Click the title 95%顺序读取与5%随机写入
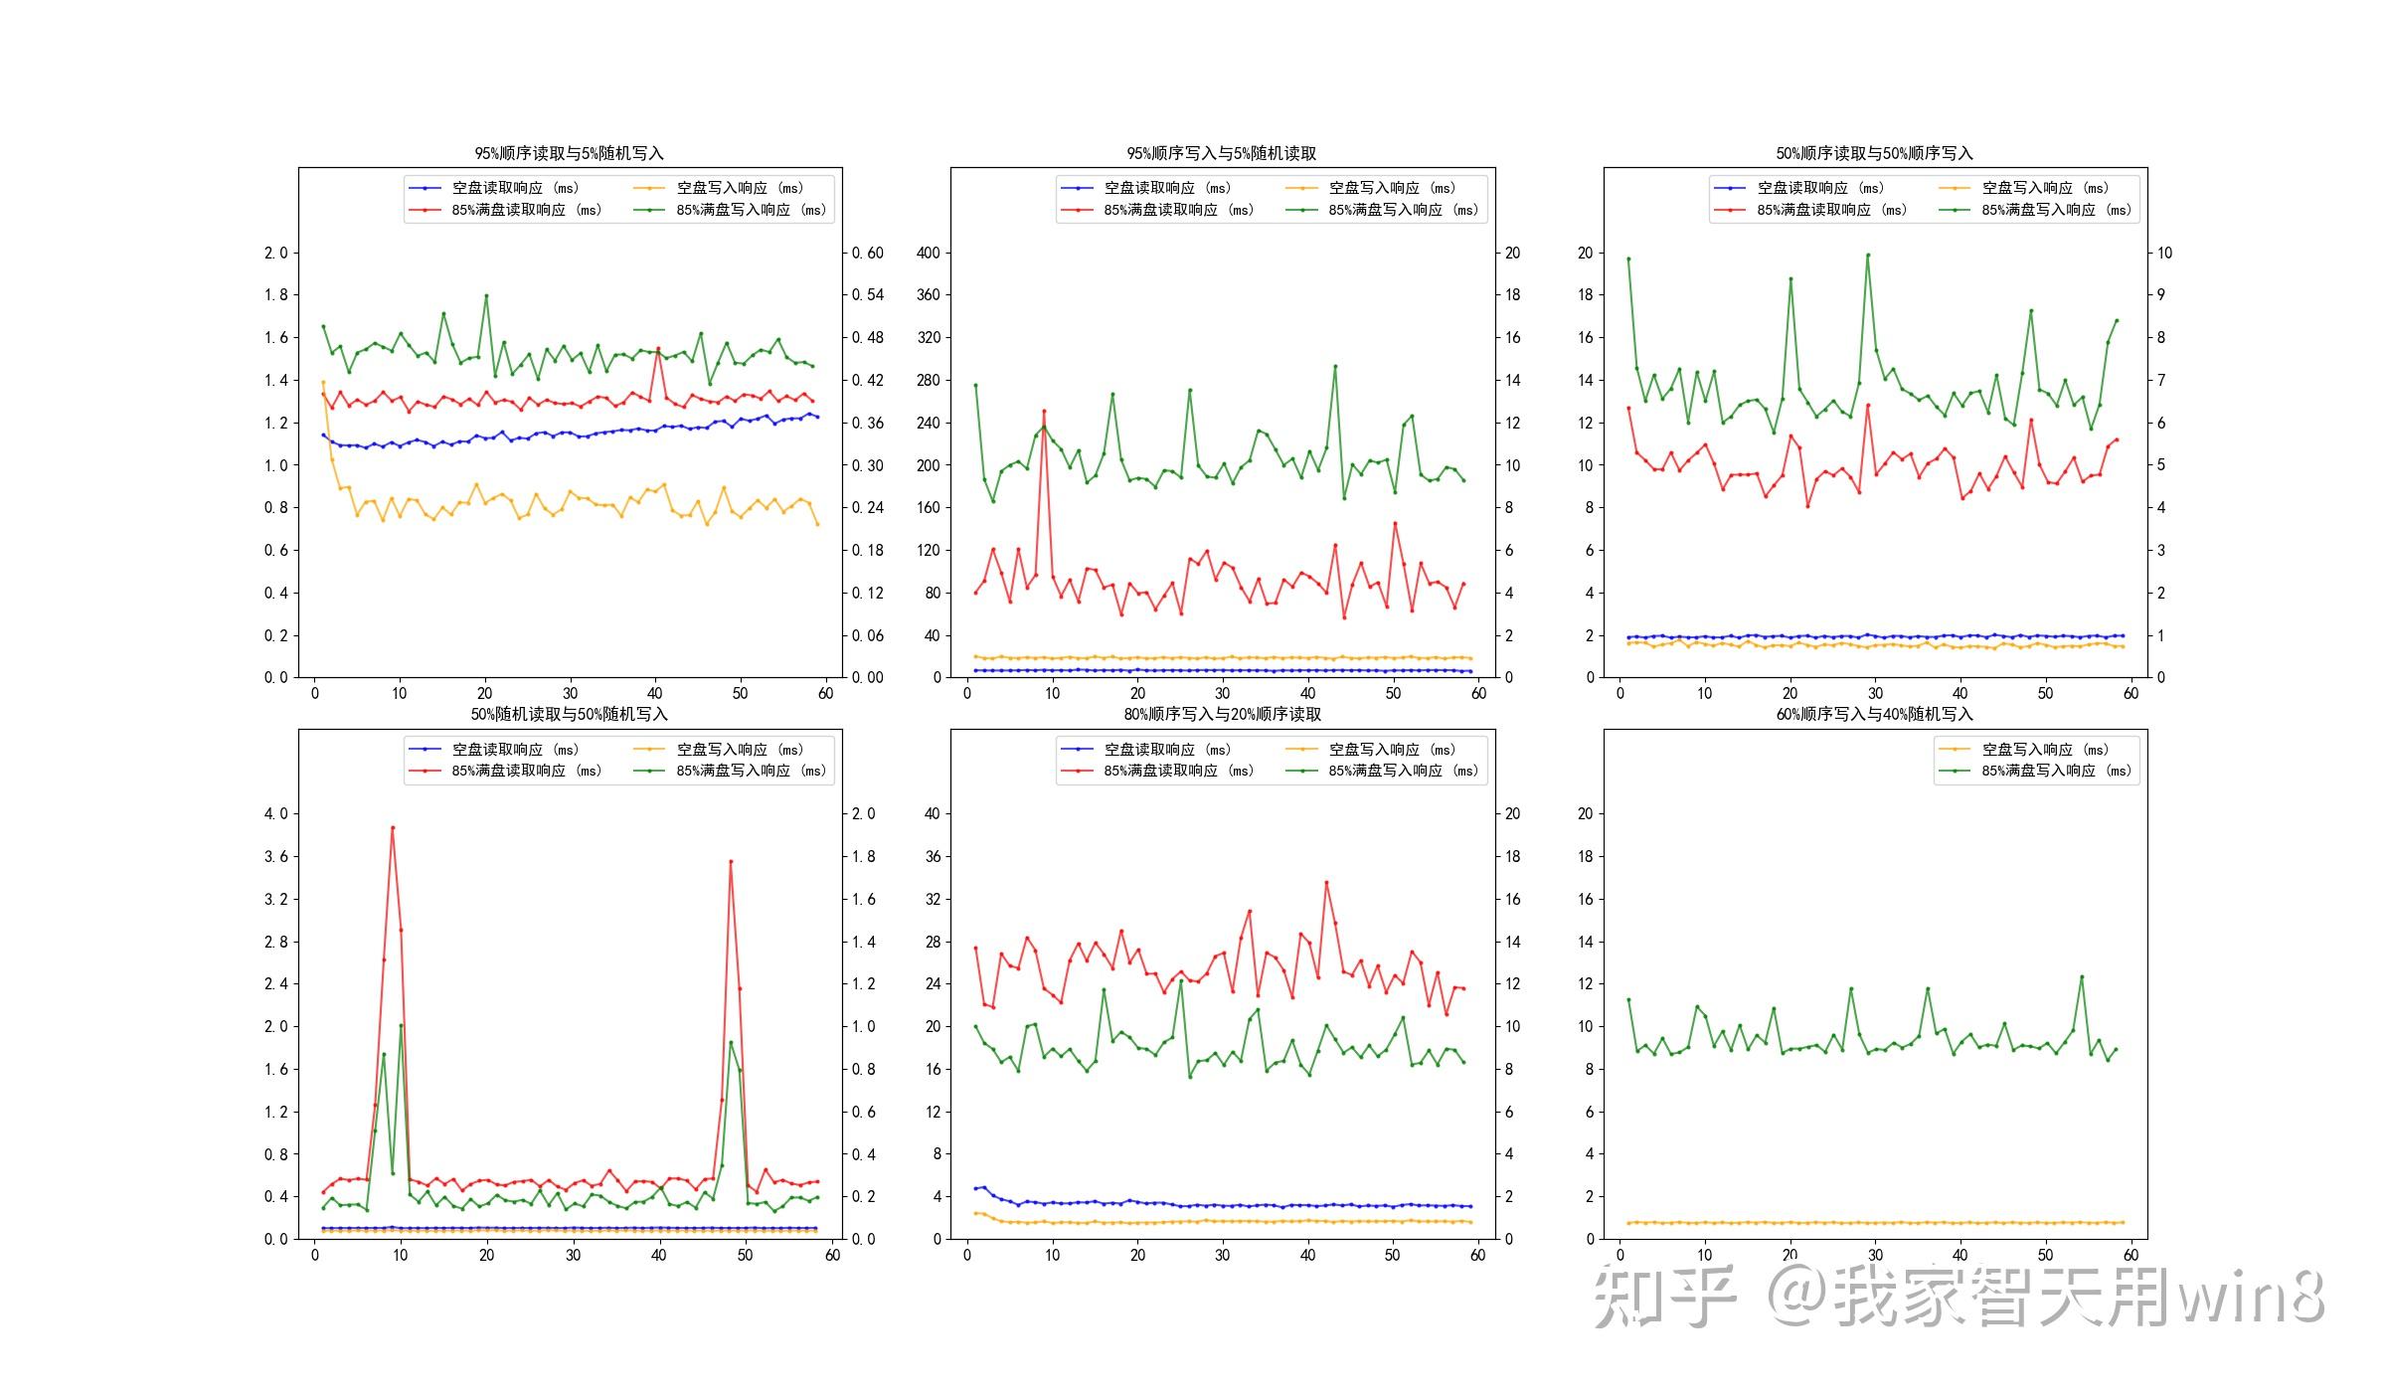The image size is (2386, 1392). pos(569,153)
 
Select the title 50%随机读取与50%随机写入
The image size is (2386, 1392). pos(569,714)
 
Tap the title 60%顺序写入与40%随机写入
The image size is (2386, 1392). pos(1874,714)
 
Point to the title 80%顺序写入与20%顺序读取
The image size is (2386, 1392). pos(1222,714)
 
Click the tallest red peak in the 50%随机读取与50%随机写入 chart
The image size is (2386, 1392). pos(393,827)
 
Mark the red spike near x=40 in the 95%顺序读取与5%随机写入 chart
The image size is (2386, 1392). pos(658,349)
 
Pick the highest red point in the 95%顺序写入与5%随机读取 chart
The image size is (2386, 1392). pos(1044,411)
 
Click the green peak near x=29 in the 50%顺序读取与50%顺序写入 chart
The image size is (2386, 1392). pos(1868,255)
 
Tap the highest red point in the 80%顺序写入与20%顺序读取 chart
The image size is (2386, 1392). pos(1326,882)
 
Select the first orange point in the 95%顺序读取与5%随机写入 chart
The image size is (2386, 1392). pos(323,383)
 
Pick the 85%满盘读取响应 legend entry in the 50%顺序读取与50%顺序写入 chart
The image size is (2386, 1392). pos(1831,210)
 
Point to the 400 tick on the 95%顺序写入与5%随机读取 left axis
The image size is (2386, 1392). pos(928,253)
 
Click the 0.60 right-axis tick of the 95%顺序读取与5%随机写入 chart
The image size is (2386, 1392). pos(868,253)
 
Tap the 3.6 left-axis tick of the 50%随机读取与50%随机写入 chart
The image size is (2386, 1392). pos(275,856)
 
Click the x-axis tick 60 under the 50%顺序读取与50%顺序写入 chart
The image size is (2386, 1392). pos(2130,694)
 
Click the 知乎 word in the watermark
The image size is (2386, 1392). pos(1664,1296)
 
